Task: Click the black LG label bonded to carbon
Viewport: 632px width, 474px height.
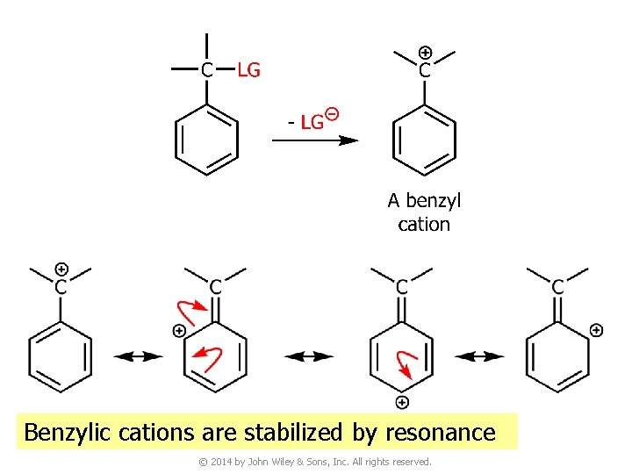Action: pos(249,70)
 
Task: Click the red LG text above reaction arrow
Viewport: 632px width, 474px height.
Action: pos(312,122)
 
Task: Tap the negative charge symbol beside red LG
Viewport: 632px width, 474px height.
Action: pos(332,114)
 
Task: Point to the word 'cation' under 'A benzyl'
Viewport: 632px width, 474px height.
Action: pos(424,225)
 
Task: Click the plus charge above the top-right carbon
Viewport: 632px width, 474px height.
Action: pos(425,53)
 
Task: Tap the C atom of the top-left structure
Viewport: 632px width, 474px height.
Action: pos(205,70)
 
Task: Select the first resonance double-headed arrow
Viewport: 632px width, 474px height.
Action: pos(138,356)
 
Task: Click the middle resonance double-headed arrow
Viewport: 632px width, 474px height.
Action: pos(308,356)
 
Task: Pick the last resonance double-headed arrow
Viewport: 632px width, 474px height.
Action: pos(479,356)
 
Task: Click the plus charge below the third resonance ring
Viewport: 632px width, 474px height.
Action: pos(401,403)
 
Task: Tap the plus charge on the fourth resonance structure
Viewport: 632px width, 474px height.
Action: pos(596,330)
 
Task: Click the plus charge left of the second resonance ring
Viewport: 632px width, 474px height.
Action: pos(179,331)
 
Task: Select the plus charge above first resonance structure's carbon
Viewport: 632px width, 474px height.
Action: pos(61,269)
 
